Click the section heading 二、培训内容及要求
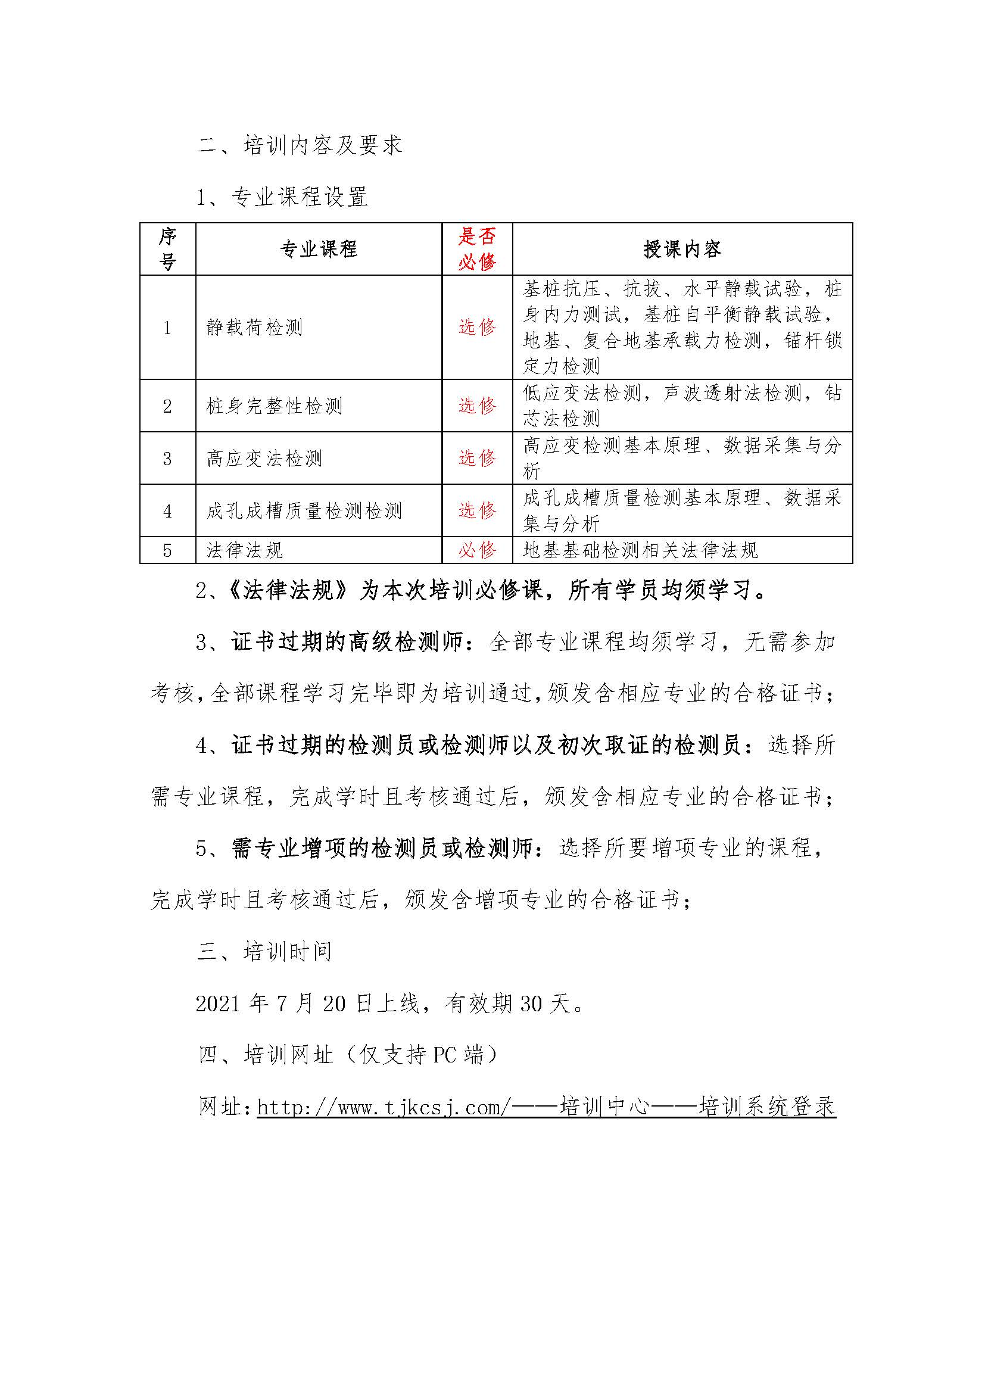pyautogui.click(x=300, y=145)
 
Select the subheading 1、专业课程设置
pyautogui.click(x=282, y=197)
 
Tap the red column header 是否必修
pyautogui.click(x=477, y=249)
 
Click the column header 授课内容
pyautogui.click(x=682, y=249)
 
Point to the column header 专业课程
pyautogui.click(x=319, y=249)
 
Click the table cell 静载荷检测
pyautogui.click(x=254, y=328)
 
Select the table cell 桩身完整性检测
pyautogui.click(x=274, y=406)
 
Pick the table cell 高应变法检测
pyautogui.click(x=264, y=458)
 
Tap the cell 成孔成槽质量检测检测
pyautogui.click(x=304, y=511)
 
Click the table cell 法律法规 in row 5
pyautogui.click(x=244, y=550)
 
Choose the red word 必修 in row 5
pyautogui.click(x=477, y=550)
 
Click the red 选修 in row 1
pyautogui.click(x=477, y=328)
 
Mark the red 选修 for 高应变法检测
pyautogui.click(x=477, y=458)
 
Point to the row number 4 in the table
pyautogui.click(x=167, y=511)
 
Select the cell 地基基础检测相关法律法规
pyautogui.click(x=640, y=550)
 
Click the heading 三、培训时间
pyautogui.click(x=265, y=951)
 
